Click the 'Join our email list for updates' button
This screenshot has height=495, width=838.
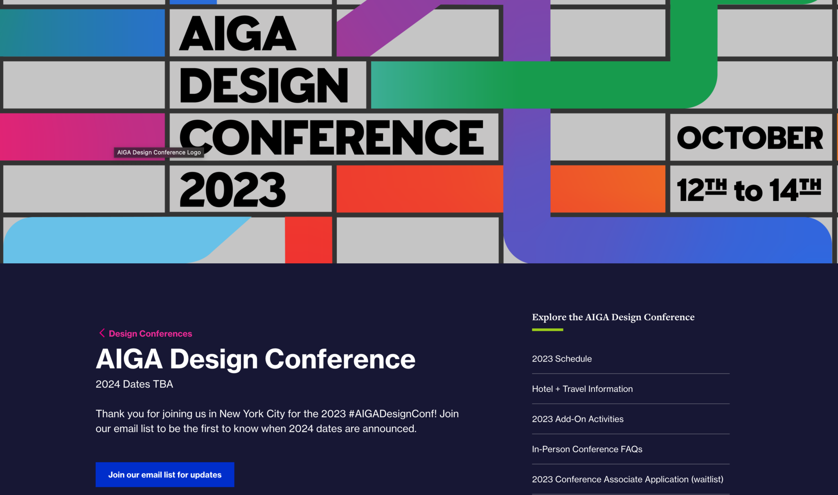(164, 475)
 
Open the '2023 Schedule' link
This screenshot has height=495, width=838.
(561, 359)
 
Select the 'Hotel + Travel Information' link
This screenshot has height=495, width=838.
(582, 389)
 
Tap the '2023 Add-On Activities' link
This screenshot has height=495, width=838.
(577, 419)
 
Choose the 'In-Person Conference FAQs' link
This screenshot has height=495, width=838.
(587, 449)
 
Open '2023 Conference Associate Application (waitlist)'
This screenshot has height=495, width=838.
(627, 479)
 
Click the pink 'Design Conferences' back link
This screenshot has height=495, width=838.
(150, 334)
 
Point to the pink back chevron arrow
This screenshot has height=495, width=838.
(102, 333)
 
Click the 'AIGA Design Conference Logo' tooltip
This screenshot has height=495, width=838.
(159, 152)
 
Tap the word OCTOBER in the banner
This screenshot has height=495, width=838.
(750, 138)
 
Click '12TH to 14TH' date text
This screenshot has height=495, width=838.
(749, 190)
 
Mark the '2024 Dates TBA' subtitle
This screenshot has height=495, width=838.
(134, 384)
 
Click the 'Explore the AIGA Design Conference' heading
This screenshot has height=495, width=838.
(613, 317)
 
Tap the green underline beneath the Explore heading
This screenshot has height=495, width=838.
(547, 330)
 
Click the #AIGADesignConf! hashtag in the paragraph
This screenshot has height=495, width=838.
(392, 414)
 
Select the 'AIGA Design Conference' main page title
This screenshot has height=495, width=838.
(255, 359)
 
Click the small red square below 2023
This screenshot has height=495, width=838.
(309, 240)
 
